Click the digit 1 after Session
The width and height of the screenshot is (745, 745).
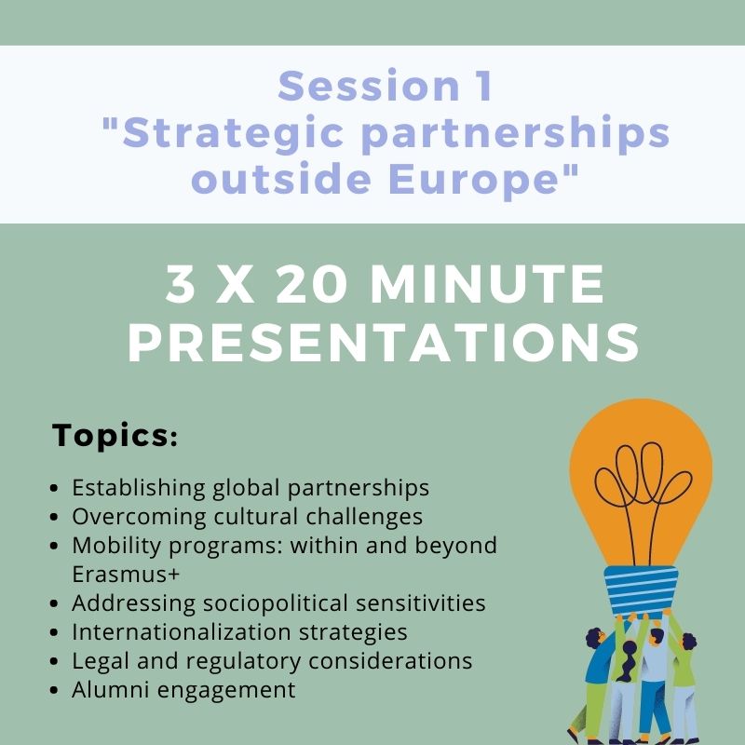click(484, 86)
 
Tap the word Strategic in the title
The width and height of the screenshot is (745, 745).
click(234, 134)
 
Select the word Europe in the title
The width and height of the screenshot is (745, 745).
click(473, 179)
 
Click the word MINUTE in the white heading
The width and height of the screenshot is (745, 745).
click(486, 284)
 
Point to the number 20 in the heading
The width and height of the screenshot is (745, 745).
click(311, 284)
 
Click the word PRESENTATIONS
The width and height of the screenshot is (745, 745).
click(384, 343)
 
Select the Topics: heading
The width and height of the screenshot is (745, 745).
click(115, 434)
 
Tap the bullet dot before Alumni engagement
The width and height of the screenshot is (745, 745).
click(54, 690)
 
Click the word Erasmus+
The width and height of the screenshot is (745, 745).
click(126, 574)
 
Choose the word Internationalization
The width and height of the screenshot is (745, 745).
click(182, 632)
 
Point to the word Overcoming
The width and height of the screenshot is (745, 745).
click(139, 518)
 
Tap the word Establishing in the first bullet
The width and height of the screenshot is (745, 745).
click(138, 488)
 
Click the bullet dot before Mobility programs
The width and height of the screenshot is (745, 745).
click(54, 546)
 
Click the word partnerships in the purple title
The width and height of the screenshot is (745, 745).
click(516, 134)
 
